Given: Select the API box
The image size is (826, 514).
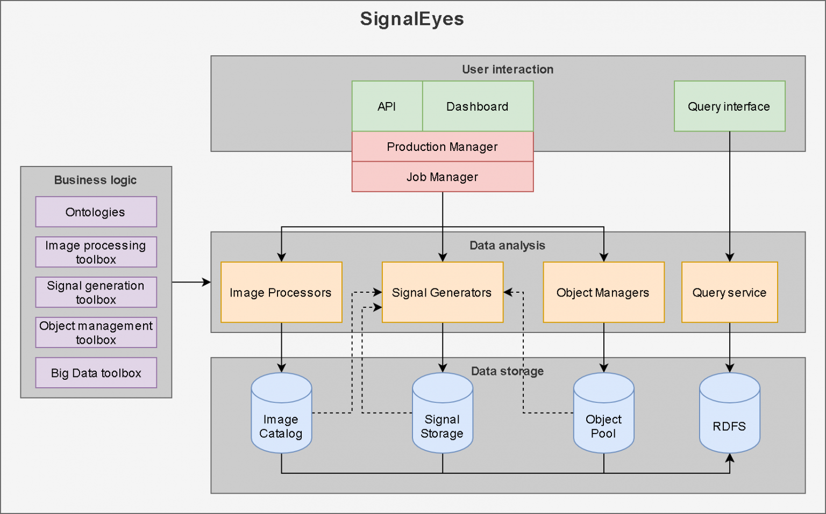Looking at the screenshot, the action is [387, 106].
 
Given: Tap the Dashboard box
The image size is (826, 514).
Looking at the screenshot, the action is [478, 106].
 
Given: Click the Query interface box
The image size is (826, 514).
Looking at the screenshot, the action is [729, 106].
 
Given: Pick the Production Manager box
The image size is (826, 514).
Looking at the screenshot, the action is [443, 147].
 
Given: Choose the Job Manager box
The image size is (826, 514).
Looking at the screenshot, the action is [443, 177].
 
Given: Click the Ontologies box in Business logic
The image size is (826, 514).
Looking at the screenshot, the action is [96, 212].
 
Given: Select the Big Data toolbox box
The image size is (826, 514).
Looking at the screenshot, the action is [96, 373].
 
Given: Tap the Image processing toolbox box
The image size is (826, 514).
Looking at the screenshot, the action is [96, 252].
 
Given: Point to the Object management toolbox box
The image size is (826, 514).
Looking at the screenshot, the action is [96, 332].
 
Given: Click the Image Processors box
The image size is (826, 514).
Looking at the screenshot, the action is [281, 292].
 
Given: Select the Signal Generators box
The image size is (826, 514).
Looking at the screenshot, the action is [443, 292].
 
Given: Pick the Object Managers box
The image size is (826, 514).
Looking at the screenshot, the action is [604, 292].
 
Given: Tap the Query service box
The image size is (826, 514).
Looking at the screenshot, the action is [729, 292].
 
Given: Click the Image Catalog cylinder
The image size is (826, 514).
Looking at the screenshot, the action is [281, 412].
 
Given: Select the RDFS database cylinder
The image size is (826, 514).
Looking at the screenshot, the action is [729, 412].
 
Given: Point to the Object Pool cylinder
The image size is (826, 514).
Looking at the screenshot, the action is [604, 412].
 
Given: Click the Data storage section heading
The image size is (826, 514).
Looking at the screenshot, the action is [508, 371].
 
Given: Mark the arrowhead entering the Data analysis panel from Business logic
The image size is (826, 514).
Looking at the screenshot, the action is [206, 283].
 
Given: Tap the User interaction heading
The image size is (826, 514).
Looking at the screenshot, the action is [508, 69].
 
